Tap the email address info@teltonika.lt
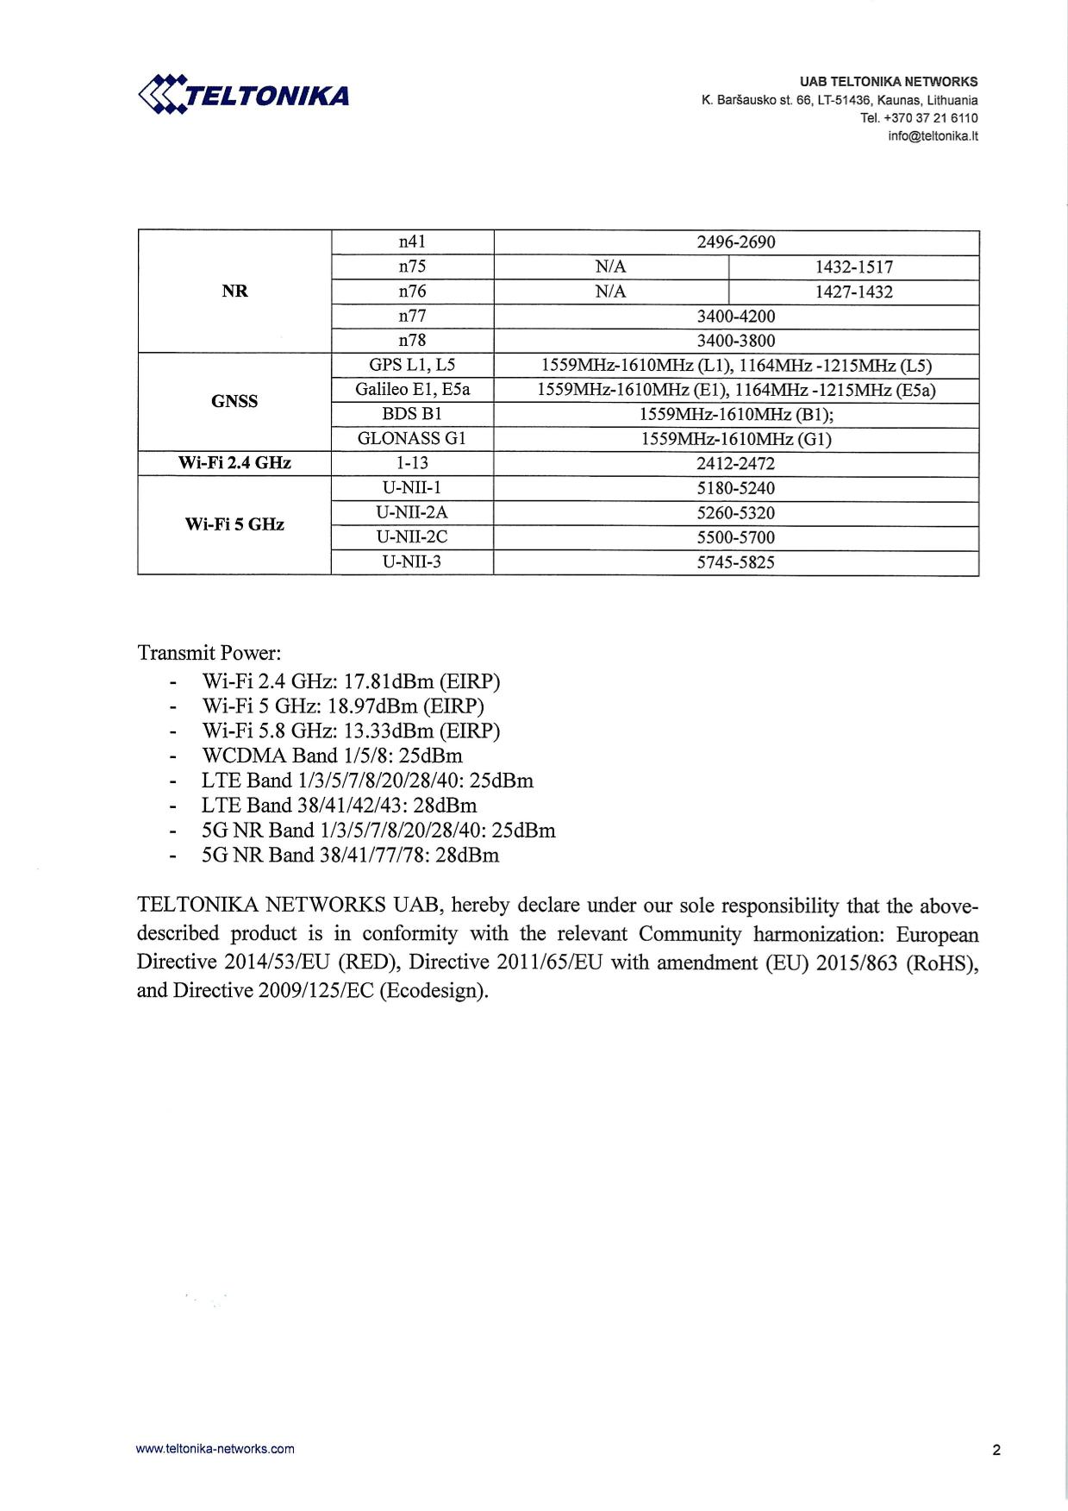point(933,136)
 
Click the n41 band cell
point(412,242)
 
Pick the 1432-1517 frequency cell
point(853,267)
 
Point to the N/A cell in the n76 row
point(610,292)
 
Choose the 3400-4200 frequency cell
point(735,317)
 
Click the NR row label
point(234,292)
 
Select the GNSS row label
point(234,401)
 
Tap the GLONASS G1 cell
point(412,439)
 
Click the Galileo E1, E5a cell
point(412,390)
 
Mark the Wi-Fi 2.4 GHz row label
point(234,463)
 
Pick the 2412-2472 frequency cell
point(735,463)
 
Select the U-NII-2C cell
point(412,537)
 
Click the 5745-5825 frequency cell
point(735,562)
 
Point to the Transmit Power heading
point(209,653)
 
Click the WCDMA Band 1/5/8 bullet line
point(332,756)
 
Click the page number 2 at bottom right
point(996,1450)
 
